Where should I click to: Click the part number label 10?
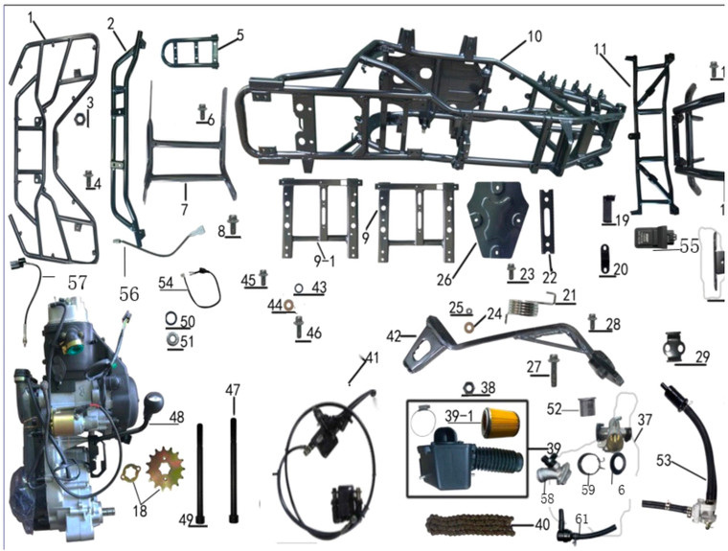(534, 39)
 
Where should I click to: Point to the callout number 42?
(394, 336)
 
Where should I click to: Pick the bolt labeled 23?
(511, 273)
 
